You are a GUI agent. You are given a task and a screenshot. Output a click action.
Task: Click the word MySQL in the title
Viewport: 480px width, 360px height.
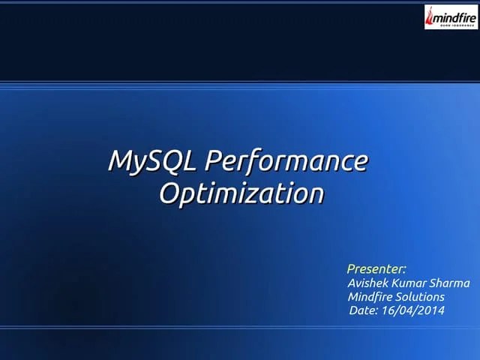click(x=154, y=160)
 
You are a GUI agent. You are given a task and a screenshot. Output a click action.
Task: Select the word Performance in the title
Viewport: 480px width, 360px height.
click(x=286, y=160)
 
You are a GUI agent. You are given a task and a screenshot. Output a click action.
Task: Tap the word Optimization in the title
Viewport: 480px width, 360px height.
click(x=241, y=193)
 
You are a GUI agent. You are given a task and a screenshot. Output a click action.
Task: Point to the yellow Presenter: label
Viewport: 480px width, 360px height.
click(x=376, y=268)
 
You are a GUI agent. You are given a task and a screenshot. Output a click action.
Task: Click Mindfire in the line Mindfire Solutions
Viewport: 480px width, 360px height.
click(x=373, y=296)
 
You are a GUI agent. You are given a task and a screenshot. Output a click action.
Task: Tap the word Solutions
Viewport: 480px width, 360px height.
click(x=422, y=296)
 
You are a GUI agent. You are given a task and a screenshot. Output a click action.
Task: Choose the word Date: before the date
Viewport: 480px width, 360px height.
click(x=364, y=310)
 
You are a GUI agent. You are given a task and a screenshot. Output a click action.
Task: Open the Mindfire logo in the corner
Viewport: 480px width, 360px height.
click(x=450, y=16)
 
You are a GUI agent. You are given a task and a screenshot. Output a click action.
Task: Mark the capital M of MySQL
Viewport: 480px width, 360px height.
click(x=120, y=160)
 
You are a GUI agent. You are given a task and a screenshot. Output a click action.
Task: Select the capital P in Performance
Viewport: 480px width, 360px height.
click(x=212, y=160)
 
